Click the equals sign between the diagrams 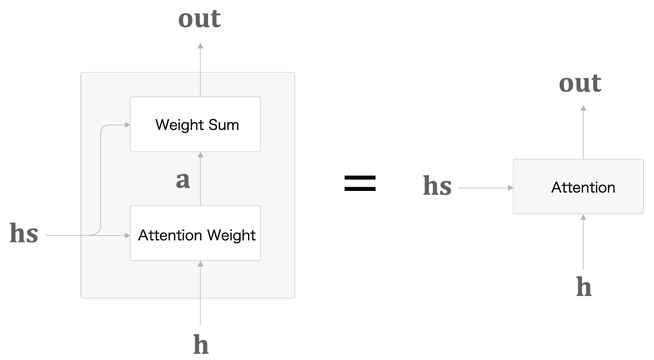pos(360,183)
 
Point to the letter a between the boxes pos(183,180)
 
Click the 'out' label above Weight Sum pos(199,19)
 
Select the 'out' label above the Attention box pos(580,83)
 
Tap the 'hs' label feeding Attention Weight pos(24,234)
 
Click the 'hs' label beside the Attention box pos(437,186)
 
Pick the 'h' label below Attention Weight pos(201,345)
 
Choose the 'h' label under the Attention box pos(584,287)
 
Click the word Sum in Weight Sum pos(226,125)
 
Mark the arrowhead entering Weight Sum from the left pos(127,125)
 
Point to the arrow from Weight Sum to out pos(201,69)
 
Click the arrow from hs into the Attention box pos(485,188)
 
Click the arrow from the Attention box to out pos(584,132)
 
